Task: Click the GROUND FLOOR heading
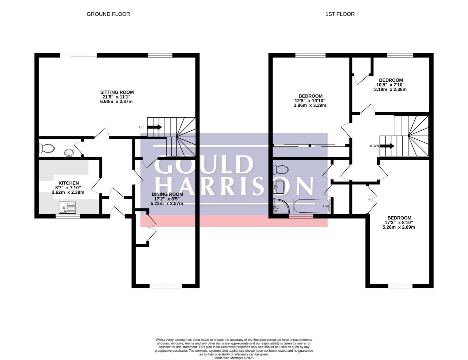tap(108, 14)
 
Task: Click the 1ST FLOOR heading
tap(340, 14)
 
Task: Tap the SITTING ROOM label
tap(117, 92)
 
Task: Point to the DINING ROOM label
tap(167, 194)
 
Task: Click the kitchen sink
tap(67, 207)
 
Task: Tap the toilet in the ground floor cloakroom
tap(47, 148)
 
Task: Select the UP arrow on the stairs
tap(155, 127)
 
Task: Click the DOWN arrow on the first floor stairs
tap(387, 146)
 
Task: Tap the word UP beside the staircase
tap(141, 127)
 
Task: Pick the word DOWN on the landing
tap(373, 146)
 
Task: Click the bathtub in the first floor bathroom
tap(311, 206)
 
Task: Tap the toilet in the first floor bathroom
tap(280, 170)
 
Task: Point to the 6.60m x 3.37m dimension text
tap(116, 101)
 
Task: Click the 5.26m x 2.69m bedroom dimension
tap(399, 227)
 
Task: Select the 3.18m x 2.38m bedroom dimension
tap(390, 89)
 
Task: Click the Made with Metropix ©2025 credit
tap(234, 358)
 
